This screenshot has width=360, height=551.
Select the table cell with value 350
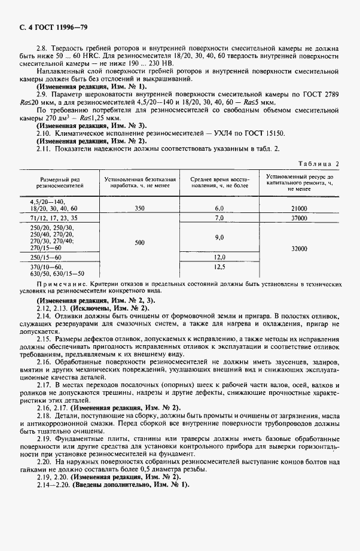(x=139, y=208)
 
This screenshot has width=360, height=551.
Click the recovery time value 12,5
(x=219, y=267)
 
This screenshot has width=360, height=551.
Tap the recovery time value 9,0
(x=219, y=238)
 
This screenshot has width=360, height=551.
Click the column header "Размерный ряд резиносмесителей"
(x=60, y=182)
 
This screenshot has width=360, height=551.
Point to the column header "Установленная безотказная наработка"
(x=139, y=182)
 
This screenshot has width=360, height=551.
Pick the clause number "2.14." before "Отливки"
(x=44, y=314)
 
